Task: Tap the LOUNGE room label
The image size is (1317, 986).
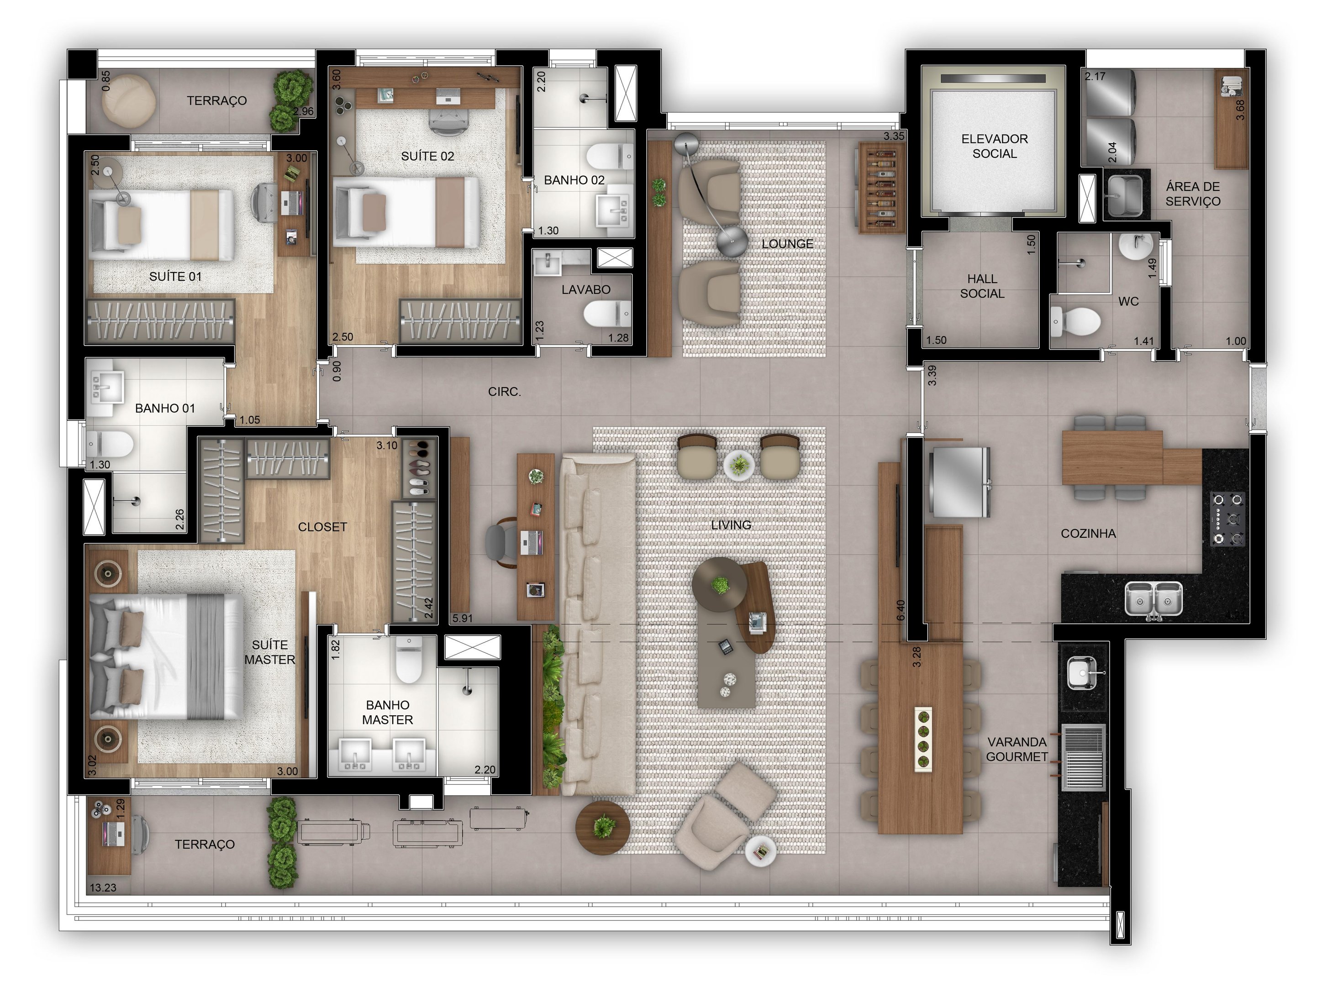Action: click(x=787, y=244)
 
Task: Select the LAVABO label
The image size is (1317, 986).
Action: click(x=586, y=290)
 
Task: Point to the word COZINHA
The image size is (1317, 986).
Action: click(x=1088, y=534)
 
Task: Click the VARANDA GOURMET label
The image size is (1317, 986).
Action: click(x=1017, y=749)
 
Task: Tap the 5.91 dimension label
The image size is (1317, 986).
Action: click(x=462, y=618)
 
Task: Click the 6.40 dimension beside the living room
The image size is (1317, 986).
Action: click(x=901, y=610)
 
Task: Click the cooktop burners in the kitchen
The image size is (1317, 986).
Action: click(x=1227, y=519)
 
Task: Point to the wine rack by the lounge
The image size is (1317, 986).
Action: click(x=880, y=188)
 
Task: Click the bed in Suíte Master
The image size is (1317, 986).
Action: click(x=166, y=656)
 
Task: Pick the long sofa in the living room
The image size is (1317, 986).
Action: click(x=598, y=625)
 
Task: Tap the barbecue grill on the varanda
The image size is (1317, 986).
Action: click(x=1083, y=757)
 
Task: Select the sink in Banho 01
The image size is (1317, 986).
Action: click(x=106, y=386)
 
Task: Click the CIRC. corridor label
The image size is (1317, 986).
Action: click(x=504, y=392)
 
